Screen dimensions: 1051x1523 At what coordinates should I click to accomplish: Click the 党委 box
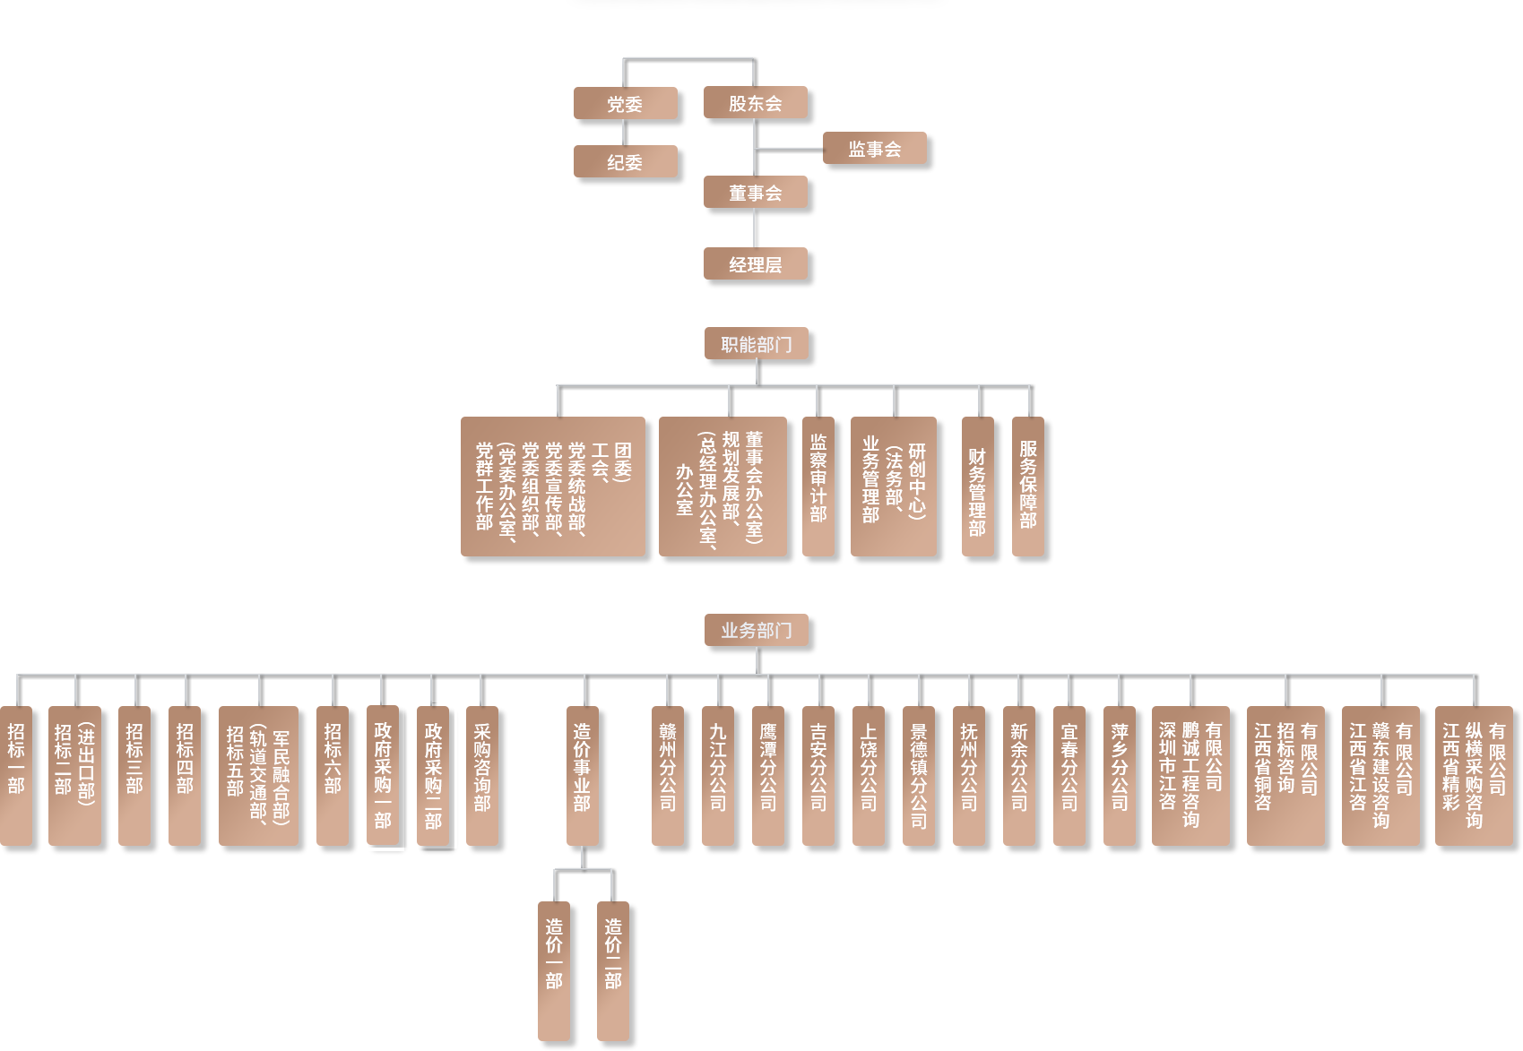click(625, 104)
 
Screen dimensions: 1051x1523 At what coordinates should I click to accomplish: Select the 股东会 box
click(755, 103)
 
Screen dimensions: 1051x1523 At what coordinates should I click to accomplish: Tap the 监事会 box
click(874, 149)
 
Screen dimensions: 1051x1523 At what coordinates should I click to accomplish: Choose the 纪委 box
click(625, 162)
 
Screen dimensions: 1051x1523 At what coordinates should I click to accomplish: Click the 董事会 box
click(755, 193)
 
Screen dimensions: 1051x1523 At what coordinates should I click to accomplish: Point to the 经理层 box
click(755, 264)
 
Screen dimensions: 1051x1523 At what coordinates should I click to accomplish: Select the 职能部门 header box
click(756, 344)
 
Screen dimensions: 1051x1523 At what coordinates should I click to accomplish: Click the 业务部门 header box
click(756, 630)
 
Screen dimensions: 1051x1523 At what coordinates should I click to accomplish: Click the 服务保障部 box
click(1027, 485)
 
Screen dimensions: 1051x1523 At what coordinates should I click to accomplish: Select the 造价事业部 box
click(582, 775)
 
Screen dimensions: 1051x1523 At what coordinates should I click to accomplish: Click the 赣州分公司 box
click(667, 775)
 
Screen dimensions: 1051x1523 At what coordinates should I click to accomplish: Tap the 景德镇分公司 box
click(918, 775)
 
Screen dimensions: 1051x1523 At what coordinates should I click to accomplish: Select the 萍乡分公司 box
click(1119, 775)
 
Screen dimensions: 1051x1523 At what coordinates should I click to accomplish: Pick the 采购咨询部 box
click(481, 775)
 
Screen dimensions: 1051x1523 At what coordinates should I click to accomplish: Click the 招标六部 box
click(332, 775)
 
